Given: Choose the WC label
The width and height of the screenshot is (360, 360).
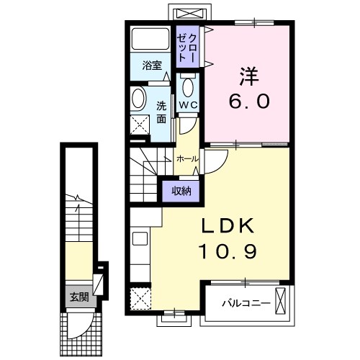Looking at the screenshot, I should coord(188,105).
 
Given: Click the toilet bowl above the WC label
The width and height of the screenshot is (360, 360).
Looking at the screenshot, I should coord(188,86).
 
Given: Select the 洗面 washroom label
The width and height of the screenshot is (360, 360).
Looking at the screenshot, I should coord(162,111).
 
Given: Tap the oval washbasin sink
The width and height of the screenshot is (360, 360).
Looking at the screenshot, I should coord(138,99).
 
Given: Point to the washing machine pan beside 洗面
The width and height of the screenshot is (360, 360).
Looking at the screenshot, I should coord(138,125).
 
